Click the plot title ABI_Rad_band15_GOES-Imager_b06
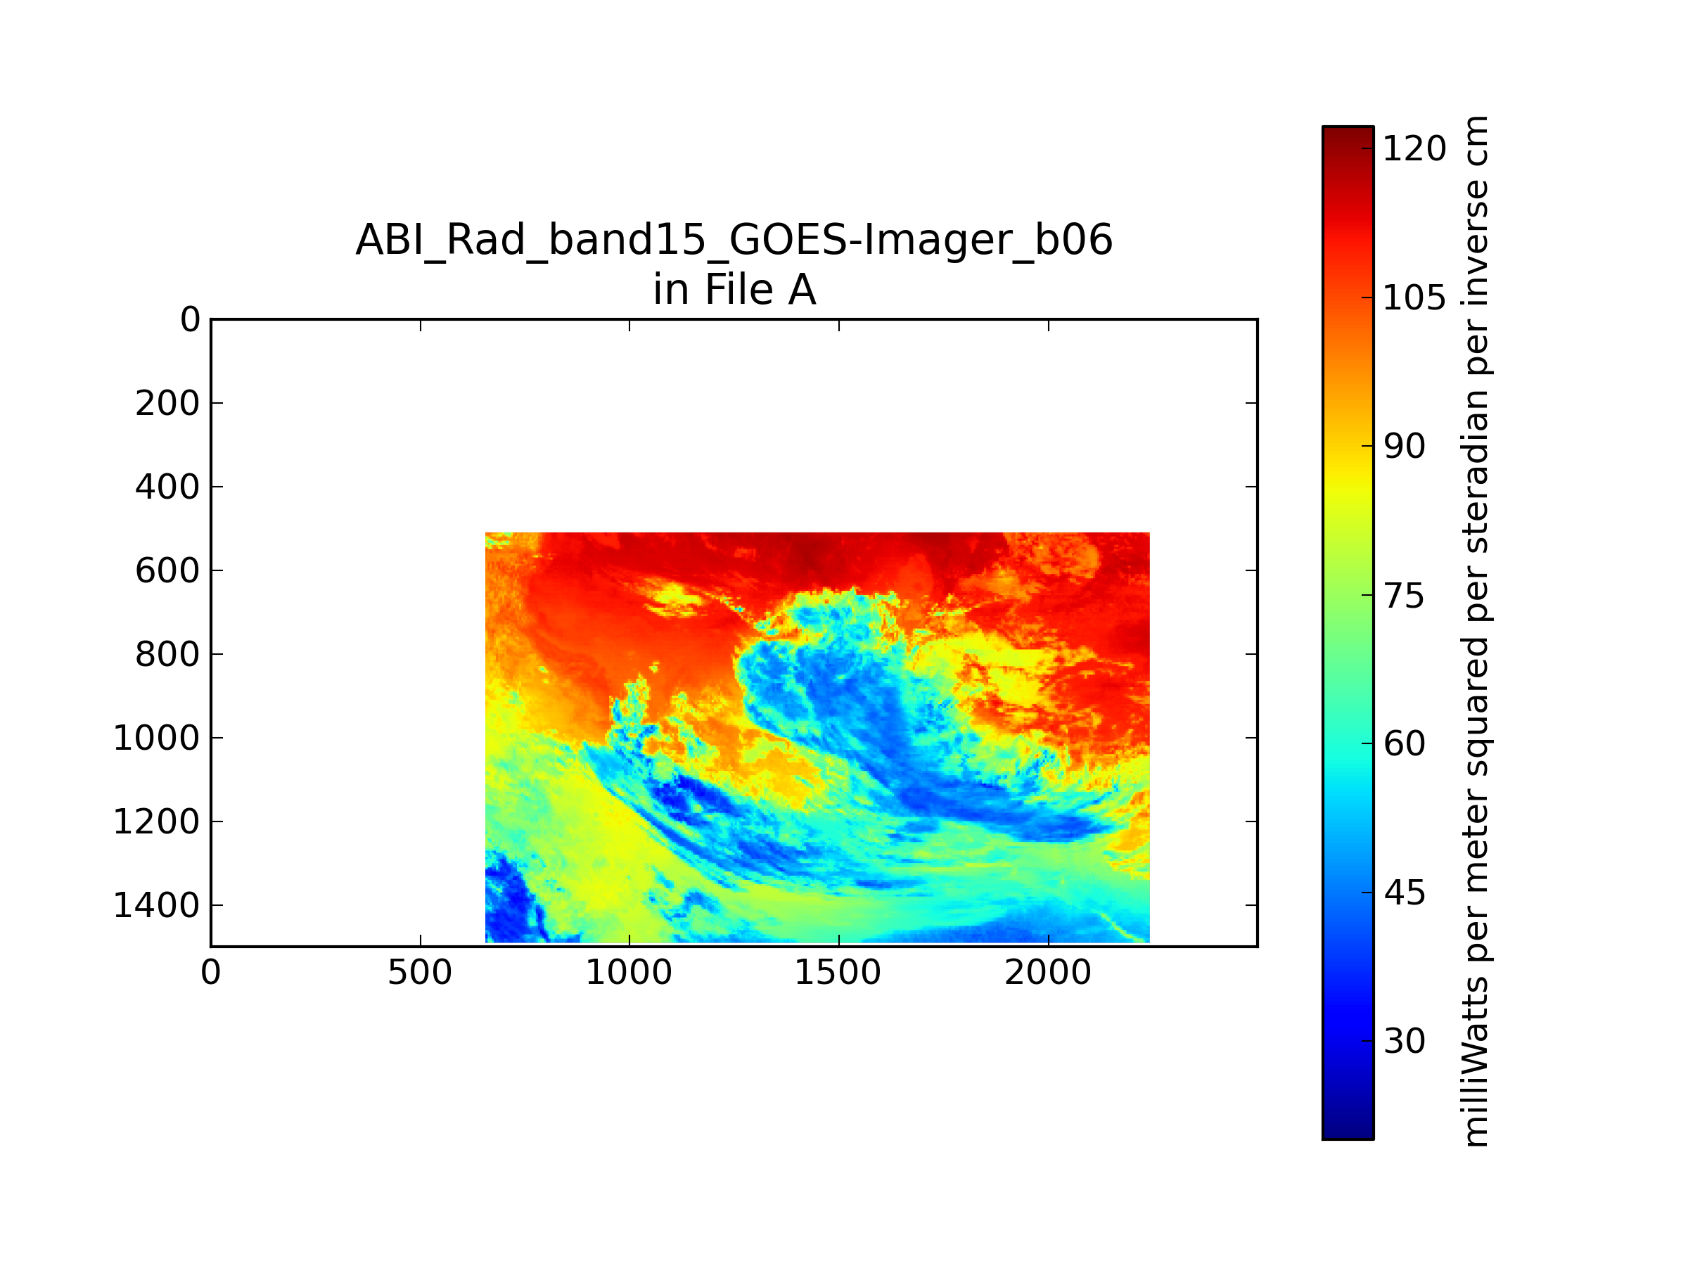(734, 241)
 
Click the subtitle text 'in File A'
(734, 290)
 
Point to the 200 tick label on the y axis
(167, 403)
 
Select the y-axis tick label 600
(167, 571)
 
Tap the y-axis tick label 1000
(156, 738)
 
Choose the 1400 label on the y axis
(156, 905)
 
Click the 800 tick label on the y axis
(167, 654)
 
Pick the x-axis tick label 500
(420, 973)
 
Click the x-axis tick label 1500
(838, 973)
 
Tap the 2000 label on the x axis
(1048, 973)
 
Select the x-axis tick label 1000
(629, 973)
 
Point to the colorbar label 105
(1414, 298)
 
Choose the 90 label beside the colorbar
(1404, 447)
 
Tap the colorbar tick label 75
(1404, 595)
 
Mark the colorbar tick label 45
(1404, 893)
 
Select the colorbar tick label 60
(1404, 744)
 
